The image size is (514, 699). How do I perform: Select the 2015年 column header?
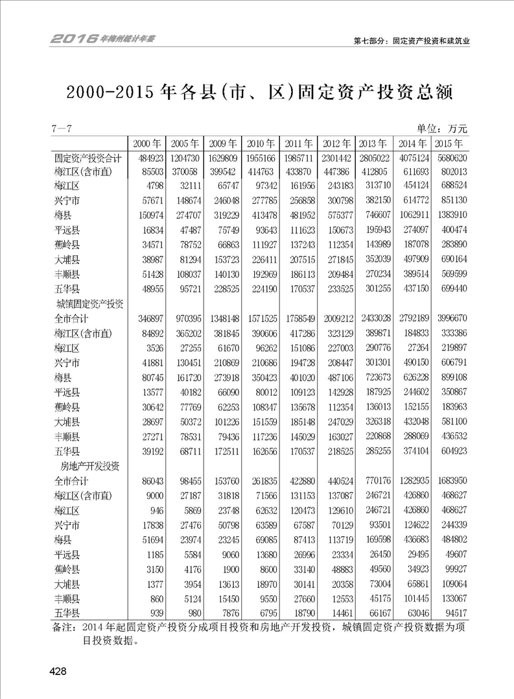tap(448, 143)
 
